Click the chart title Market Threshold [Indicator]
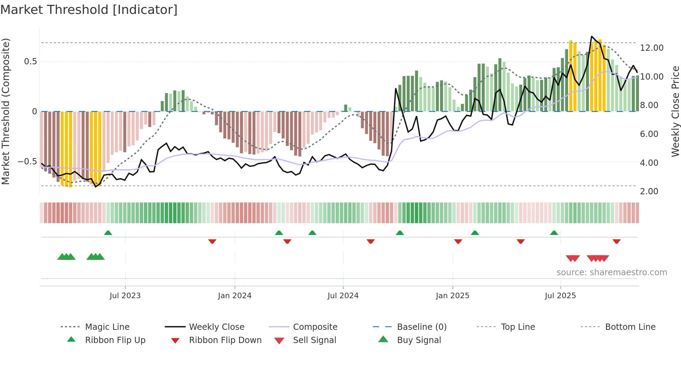coord(89,10)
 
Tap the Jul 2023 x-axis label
coord(125,296)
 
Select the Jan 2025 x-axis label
coord(452,296)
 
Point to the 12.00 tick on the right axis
coord(651,48)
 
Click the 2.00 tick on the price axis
coord(649,191)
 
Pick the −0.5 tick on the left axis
coord(27,162)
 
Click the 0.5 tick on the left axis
coord(30,62)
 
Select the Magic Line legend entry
coord(107,327)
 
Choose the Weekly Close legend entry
coord(216,327)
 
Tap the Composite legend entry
coord(315,327)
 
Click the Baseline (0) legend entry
coord(421,327)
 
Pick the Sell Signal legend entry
coord(314,340)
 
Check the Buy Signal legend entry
coord(419,340)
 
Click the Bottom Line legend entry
coord(630,327)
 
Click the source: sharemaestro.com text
coord(612,272)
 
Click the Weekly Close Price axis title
coord(675,111)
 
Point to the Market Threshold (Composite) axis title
coord(6,111)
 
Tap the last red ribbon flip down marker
coord(616,241)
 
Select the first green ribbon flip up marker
coord(108,233)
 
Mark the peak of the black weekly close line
coord(592,36)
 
